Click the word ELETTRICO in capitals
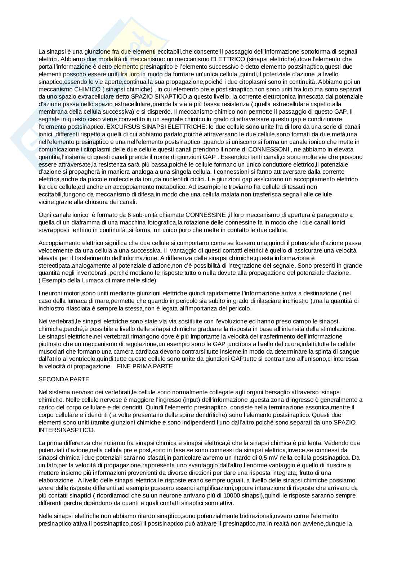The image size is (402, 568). [227, 59]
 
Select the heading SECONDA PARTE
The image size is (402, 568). [64, 379]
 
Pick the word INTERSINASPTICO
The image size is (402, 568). [67, 430]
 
